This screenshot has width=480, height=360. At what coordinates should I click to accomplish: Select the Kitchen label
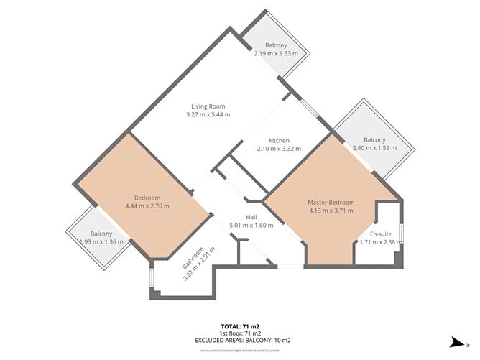[x=279, y=140]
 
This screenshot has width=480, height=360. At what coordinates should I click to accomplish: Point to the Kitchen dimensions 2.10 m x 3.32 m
[x=279, y=149]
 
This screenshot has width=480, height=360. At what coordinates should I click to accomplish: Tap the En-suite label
[x=381, y=234]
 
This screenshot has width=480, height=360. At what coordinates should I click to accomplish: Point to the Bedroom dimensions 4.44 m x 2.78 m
[x=147, y=206]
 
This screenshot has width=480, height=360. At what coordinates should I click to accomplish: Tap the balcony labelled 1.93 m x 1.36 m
[x=101, y=238]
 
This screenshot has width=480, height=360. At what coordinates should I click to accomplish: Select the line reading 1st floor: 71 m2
[x=239, y=333]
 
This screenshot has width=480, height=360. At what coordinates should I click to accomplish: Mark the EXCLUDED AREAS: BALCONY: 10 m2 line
[x=239, y=341]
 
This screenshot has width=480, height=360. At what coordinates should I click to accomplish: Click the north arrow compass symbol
[x=454, y=343]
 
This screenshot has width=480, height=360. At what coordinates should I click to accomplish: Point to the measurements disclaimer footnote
[x=239, y=351]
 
